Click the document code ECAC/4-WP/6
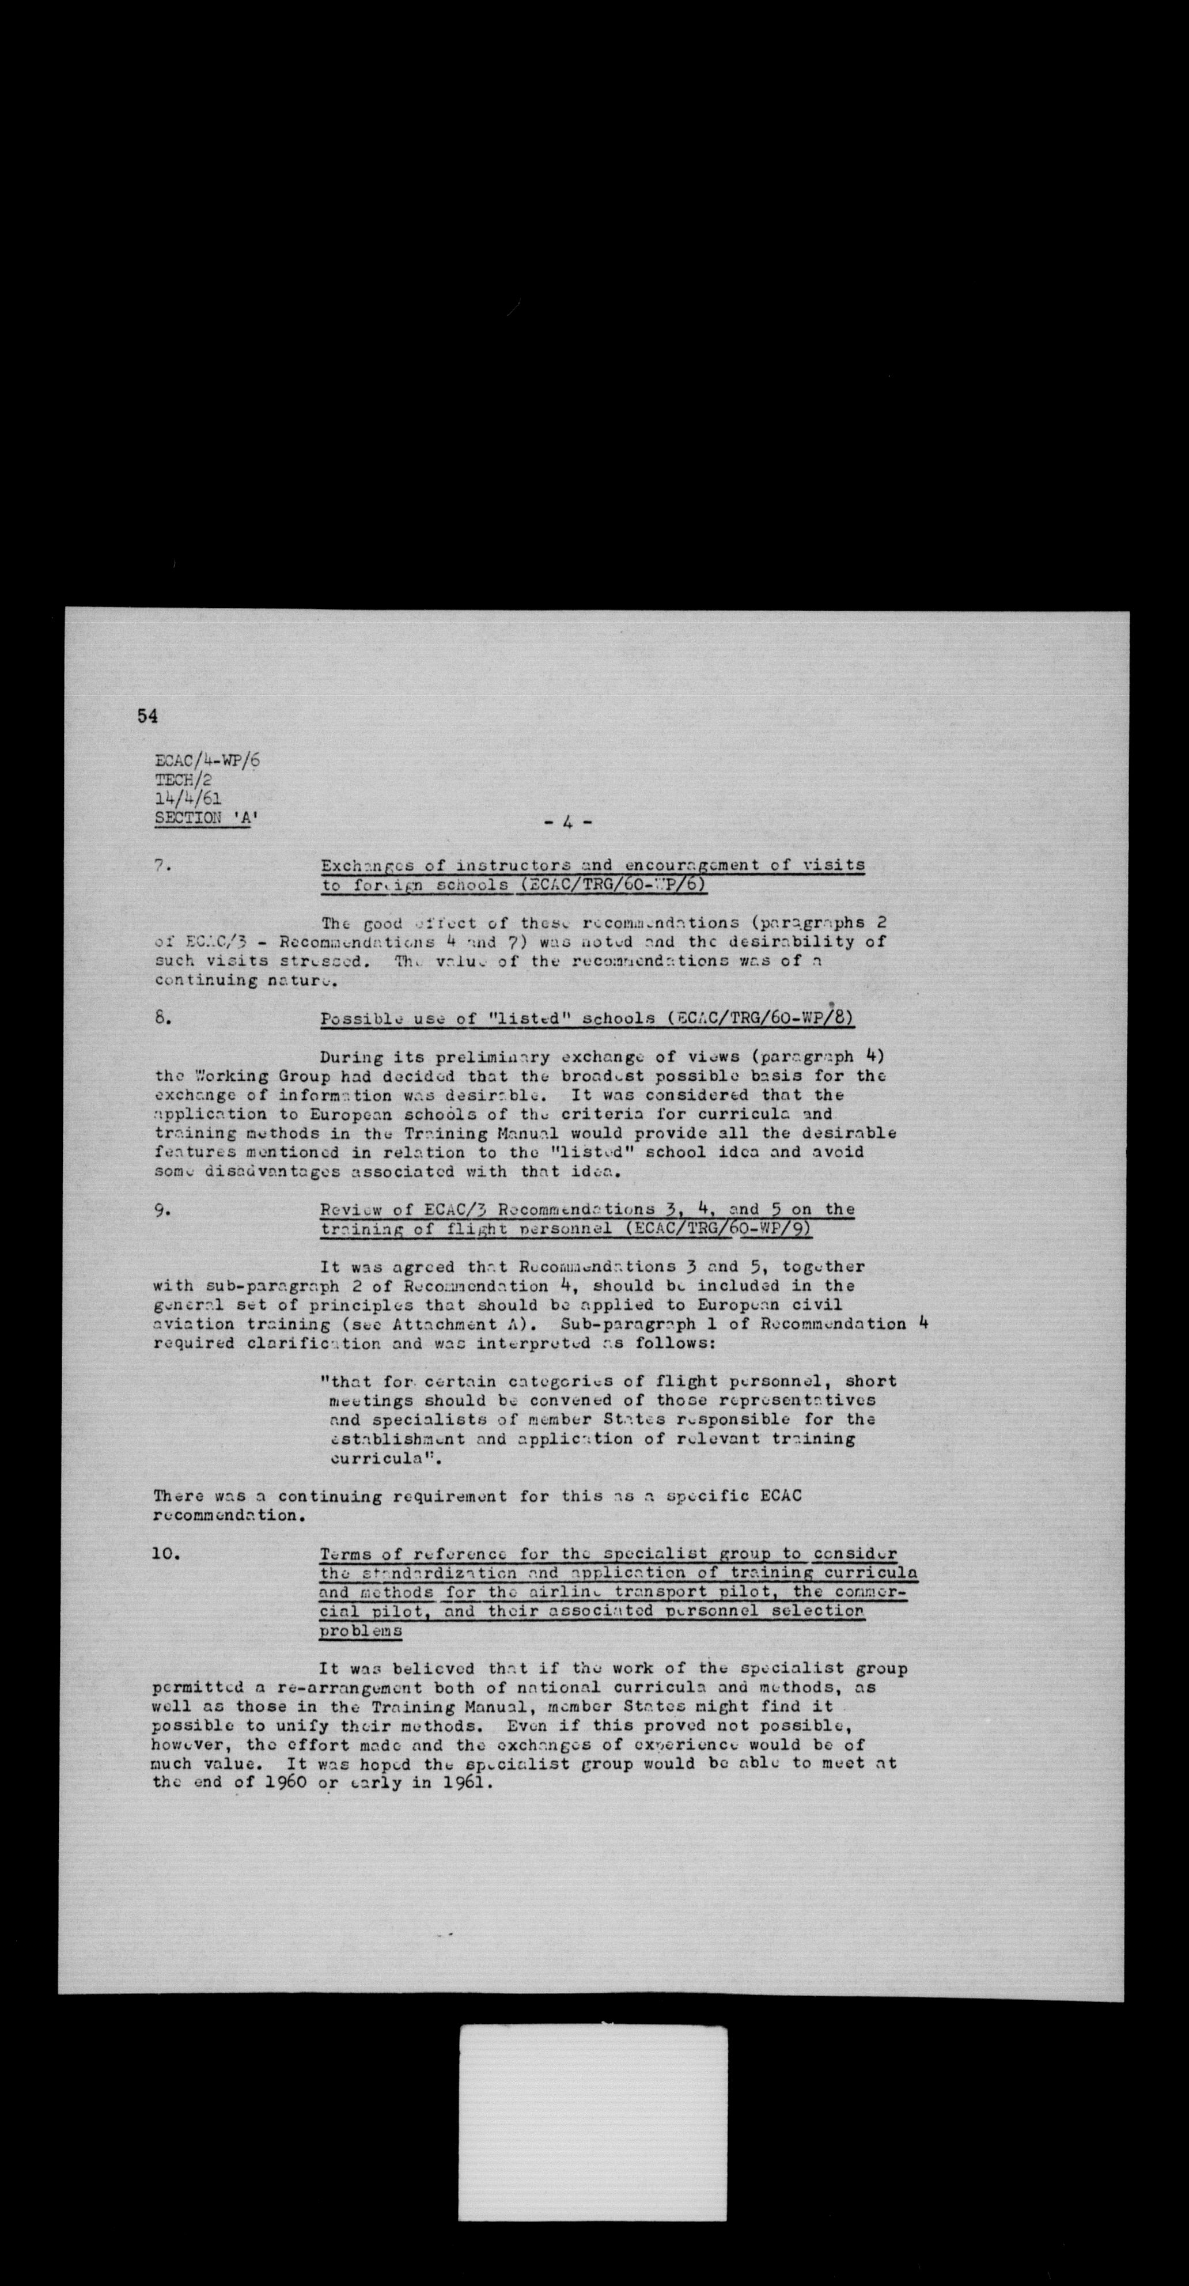[207, 760]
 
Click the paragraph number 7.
[161, 866]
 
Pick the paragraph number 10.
[167, 1554]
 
